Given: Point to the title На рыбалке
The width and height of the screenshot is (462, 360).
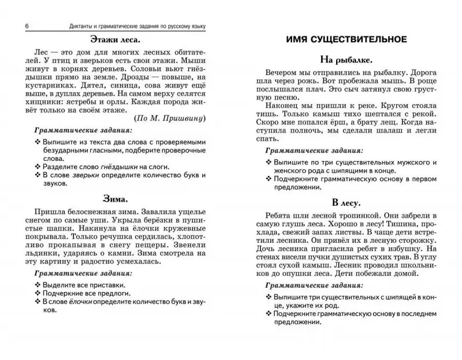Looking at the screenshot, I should tap(346, 59).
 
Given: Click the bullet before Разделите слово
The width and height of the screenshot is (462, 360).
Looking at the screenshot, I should tap(38, 166).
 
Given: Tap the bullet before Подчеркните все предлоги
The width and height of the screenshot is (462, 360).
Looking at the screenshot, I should tap(38, 292).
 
